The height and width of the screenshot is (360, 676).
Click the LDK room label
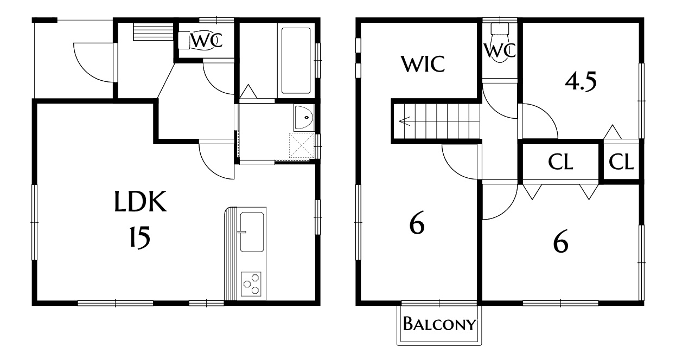pos(141,201)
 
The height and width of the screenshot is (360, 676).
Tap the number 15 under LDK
pos(140,237)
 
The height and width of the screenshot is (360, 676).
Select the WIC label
pos(423,64)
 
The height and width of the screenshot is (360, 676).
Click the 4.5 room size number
pos(581,82)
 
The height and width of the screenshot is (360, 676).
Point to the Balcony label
pos(439,324)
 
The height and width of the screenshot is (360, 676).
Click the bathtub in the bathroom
pos(296,61)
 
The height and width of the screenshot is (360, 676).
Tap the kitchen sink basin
pos(252,232)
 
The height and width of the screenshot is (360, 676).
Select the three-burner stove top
pos(251,284)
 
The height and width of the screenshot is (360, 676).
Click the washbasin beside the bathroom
pos(304,117)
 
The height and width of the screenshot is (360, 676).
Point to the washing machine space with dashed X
pos(302,145)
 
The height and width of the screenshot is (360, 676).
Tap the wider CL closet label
pos(560,162)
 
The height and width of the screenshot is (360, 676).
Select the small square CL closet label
pos(621,162)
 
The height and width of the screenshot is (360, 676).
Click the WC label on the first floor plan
pos(207,41)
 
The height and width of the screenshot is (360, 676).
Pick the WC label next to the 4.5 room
pos(500,50)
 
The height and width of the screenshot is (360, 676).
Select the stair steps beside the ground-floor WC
pos(154,31)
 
